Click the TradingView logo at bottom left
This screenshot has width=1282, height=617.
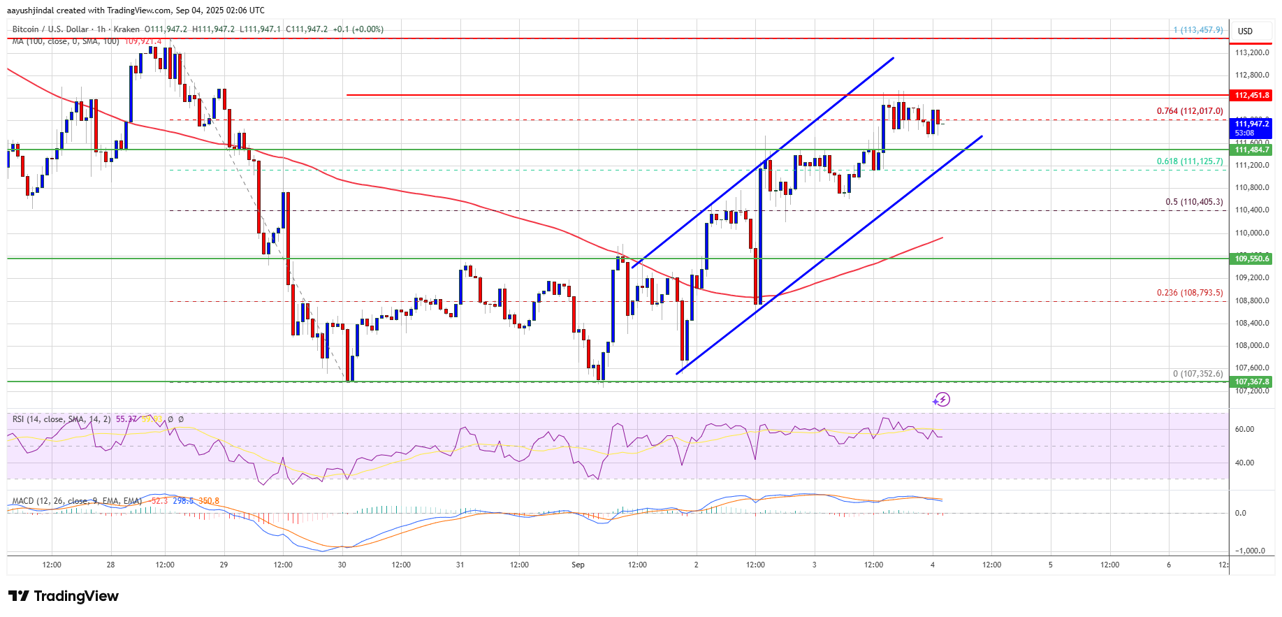(63, 596)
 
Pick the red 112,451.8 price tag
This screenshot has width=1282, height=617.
(1251, 95)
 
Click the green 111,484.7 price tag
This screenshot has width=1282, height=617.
(1251, 150)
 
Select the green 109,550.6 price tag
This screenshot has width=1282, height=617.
(1251, 259)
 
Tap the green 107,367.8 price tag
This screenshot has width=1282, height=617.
(1251, 382)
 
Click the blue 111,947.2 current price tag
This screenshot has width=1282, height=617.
(1251, 127)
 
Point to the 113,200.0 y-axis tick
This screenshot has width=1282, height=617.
(1251, 52)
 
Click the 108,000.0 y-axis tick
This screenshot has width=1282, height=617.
(1251, 345)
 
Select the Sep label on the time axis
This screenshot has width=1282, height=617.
(578, 565)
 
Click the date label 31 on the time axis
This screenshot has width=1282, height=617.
(460, 565)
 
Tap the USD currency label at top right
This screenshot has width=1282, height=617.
(1245, 31)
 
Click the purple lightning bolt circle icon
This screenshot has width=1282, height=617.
(942, 400)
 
